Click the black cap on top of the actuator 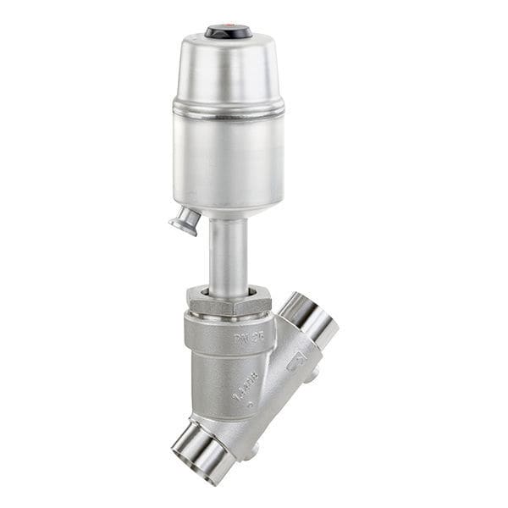point(228,32)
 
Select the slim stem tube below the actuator point(229,254)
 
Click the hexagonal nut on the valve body point(229,301)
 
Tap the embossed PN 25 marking point(245,339)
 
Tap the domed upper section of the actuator point(228,68)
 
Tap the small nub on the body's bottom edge point(254,456)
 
